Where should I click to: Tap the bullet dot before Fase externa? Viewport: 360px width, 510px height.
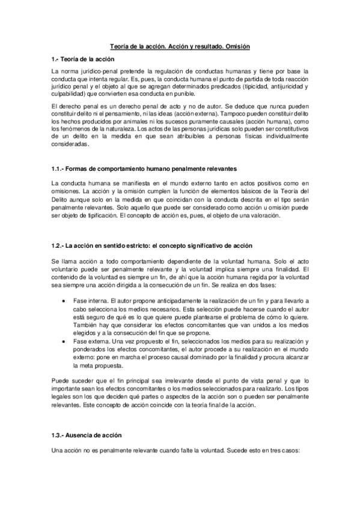[64, 341]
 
